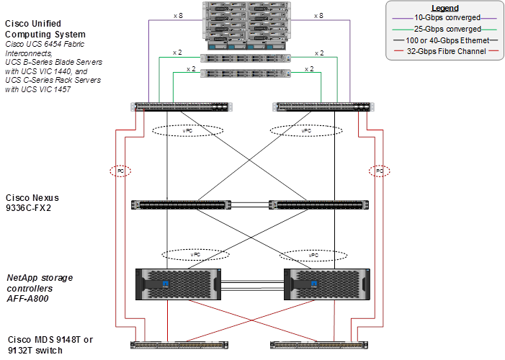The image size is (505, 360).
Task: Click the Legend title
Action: click(x=444, y=8)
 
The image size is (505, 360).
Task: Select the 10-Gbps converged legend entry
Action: click(x=444, y=17)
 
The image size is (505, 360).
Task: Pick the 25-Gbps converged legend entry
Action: click(x=444, y=28)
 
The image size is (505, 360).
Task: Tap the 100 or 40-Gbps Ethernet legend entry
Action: click(x=444, y=40)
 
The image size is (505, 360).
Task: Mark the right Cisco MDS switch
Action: click(x=318, y=344)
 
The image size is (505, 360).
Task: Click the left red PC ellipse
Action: click(x=120, y=171)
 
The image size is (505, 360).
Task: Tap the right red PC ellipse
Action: click(x=378, y=171)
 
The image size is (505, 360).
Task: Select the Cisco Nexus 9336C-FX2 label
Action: click(x=32, y=202)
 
